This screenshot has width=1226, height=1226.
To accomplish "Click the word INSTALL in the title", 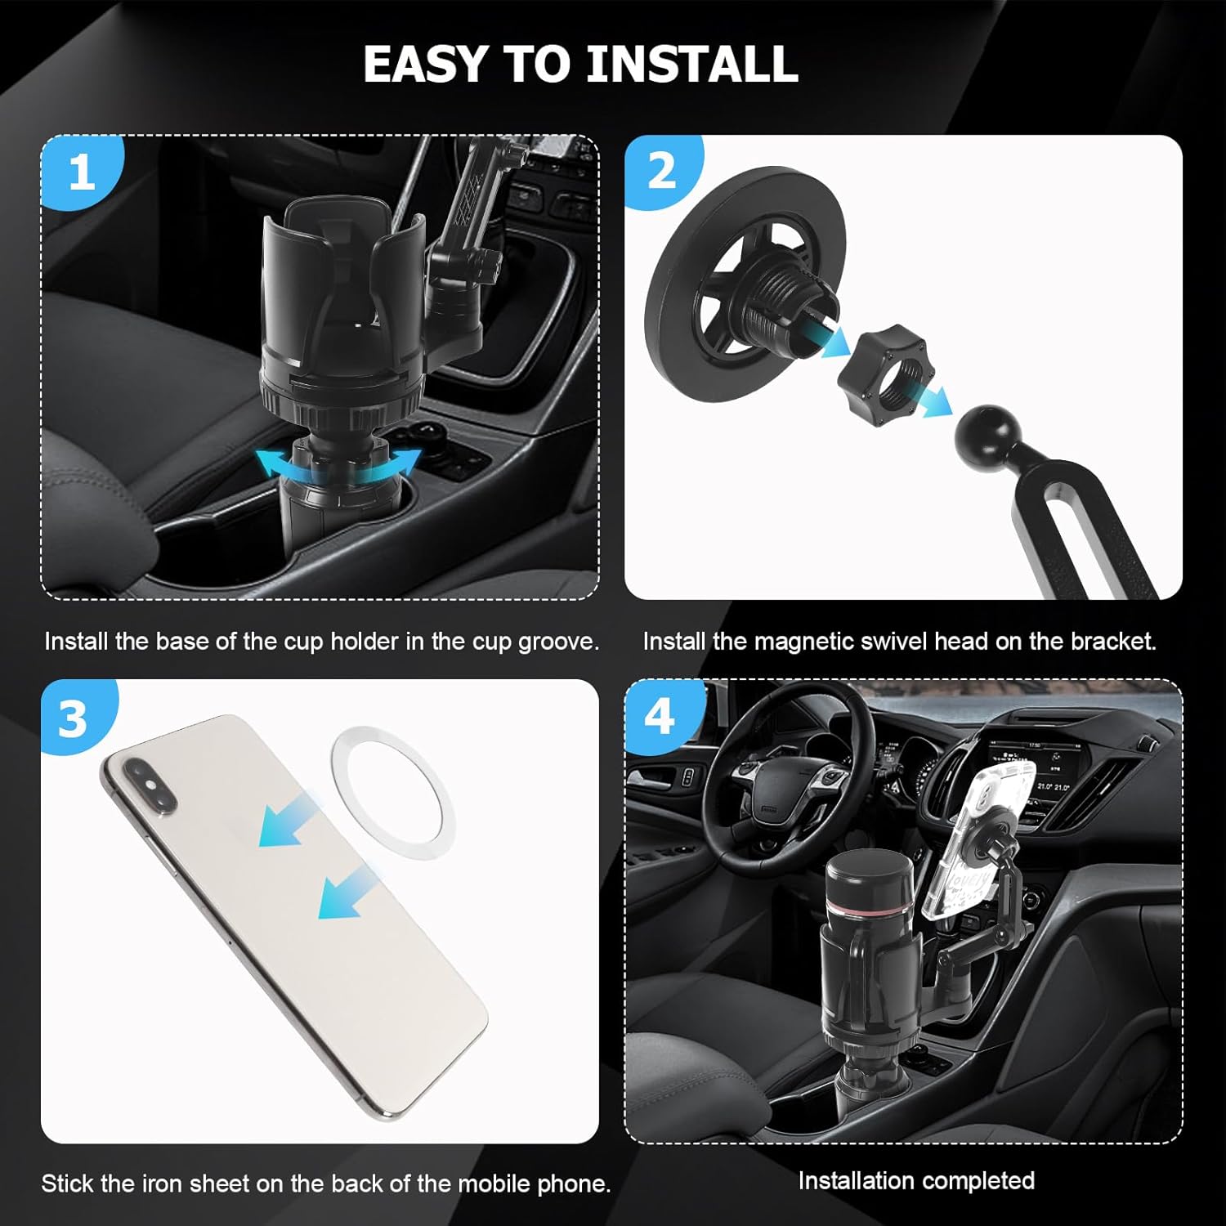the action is (692, 64).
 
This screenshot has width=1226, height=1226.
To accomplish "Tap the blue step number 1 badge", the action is (81, 172).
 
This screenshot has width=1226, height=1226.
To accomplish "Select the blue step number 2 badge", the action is (663, 172).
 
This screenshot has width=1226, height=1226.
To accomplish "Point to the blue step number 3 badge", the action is (75, 718).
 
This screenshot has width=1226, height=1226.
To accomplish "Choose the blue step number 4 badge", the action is (660, 716).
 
